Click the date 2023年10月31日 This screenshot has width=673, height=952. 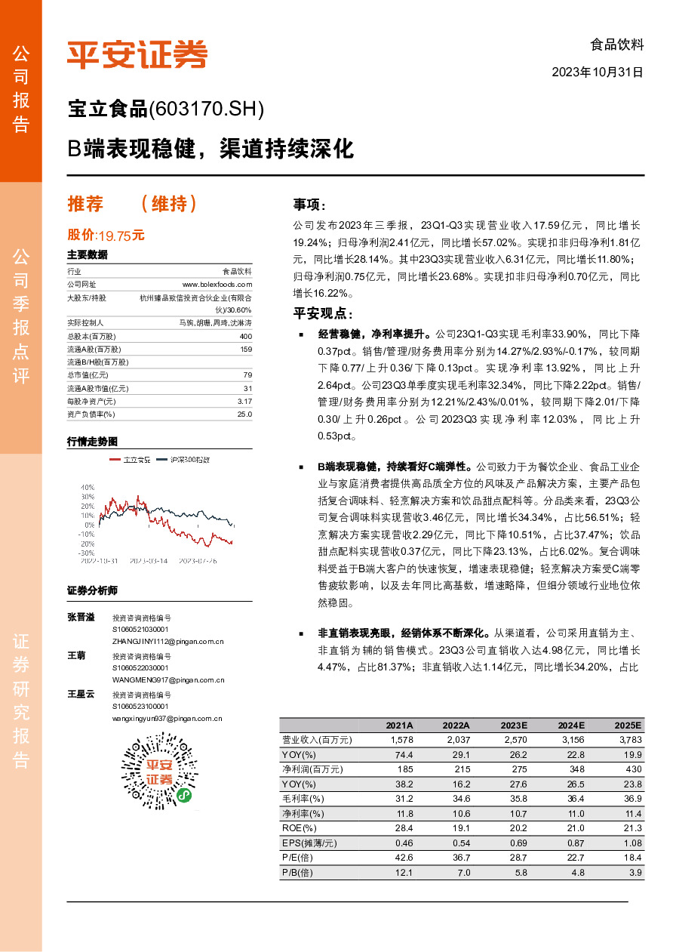(x=598, y=73)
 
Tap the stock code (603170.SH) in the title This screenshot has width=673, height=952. (x=207, y=110)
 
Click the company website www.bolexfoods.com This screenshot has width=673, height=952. (x=217, y=284)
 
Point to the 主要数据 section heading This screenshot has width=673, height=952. (x=88, y=254)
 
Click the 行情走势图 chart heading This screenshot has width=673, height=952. (x=93, y=441)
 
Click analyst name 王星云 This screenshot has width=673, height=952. (x=81, y=694)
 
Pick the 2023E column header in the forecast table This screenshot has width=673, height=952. (x=514, y=725)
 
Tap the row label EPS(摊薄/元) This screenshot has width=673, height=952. (x=309, y=843)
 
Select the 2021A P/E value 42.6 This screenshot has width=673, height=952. (x=404, y=858)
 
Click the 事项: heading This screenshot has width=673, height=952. (x=310, y=205)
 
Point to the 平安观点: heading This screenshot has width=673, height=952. (x=323, y=314)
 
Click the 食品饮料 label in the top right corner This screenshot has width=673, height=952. (x=616, y=45)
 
